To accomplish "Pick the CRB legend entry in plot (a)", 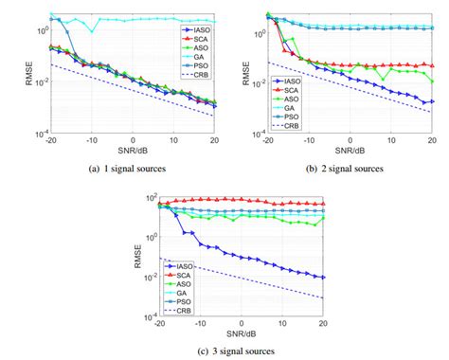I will (x=199, y=74).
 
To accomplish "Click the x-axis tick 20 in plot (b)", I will (x=432, y=140).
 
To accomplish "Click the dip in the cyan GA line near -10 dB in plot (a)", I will (x=92, y=31).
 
